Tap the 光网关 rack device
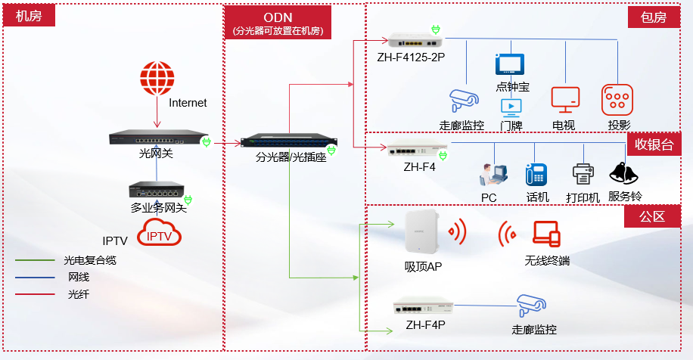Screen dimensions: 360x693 pos(157,138)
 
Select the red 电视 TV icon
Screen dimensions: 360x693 pos(565,100)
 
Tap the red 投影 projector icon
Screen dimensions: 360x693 pos(617,100)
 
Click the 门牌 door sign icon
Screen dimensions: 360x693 pos(511,107)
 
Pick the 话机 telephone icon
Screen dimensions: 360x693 pos(536,175)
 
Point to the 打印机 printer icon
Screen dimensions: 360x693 pos(583,175)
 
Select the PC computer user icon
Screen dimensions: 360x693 pos(488,175)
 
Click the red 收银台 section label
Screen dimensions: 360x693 pos(653,144)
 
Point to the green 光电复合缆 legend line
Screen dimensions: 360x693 pos(33,260)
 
